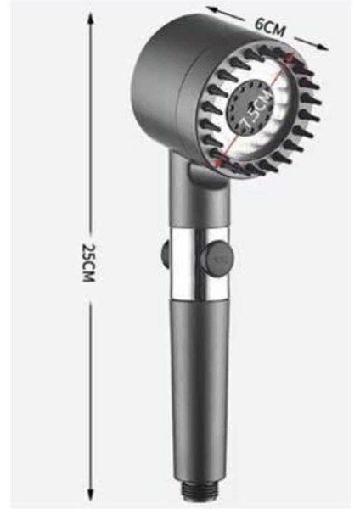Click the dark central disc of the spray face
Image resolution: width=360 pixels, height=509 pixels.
point(252,109)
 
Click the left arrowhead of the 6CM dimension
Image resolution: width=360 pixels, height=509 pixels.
point(209,10)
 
